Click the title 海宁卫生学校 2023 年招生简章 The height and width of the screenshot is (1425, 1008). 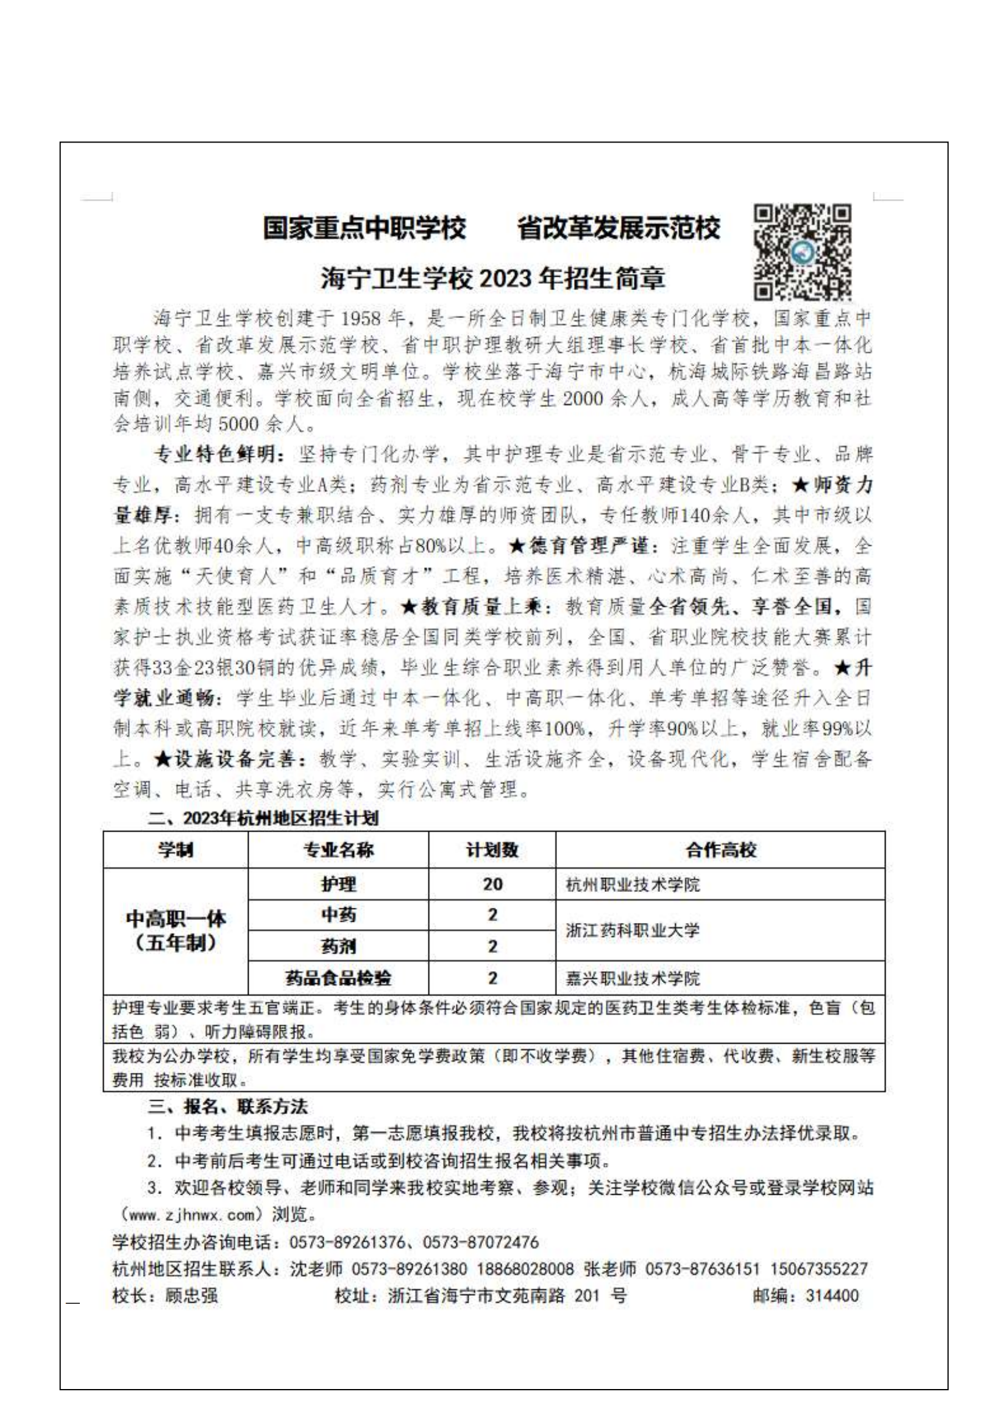pyautogui.click(x=493, y=278)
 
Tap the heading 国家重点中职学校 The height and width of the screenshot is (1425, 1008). pyautogui.click(x=364, y=228)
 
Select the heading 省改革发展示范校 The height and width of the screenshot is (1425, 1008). pyautogui.click(x=619, y=228)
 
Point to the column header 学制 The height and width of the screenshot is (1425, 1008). pyautogui.click(x=176, y=850)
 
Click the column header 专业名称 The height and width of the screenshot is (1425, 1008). pyautogui.click(x=338, y=850)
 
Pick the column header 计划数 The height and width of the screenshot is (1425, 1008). pyautogui.click(x=492, y=850)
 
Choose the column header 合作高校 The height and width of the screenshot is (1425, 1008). pyautogui.click(x=720, y=850)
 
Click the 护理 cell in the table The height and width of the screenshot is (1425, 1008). pyautogui.click(x=338, y=884)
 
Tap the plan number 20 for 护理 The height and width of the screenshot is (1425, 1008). pyautogui.click(x=492, y=884)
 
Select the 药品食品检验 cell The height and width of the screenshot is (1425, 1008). pyautogui.click(x=338, y=978)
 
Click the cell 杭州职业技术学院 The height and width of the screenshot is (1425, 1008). pyautogui.click(x=633, y=885)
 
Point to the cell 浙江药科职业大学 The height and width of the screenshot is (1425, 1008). pyautogui.click(x=633, y=930)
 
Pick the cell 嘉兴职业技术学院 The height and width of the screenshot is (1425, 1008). pyautogui.click(x=633, y=979)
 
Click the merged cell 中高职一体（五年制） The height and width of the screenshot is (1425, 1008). pyautogui.click(x=176, y=930)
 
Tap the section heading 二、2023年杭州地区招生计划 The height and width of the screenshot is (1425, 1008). pyautogui.click(x=263, y=818)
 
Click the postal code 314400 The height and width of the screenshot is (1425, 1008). pyautogui.click(x=832, y=1296)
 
